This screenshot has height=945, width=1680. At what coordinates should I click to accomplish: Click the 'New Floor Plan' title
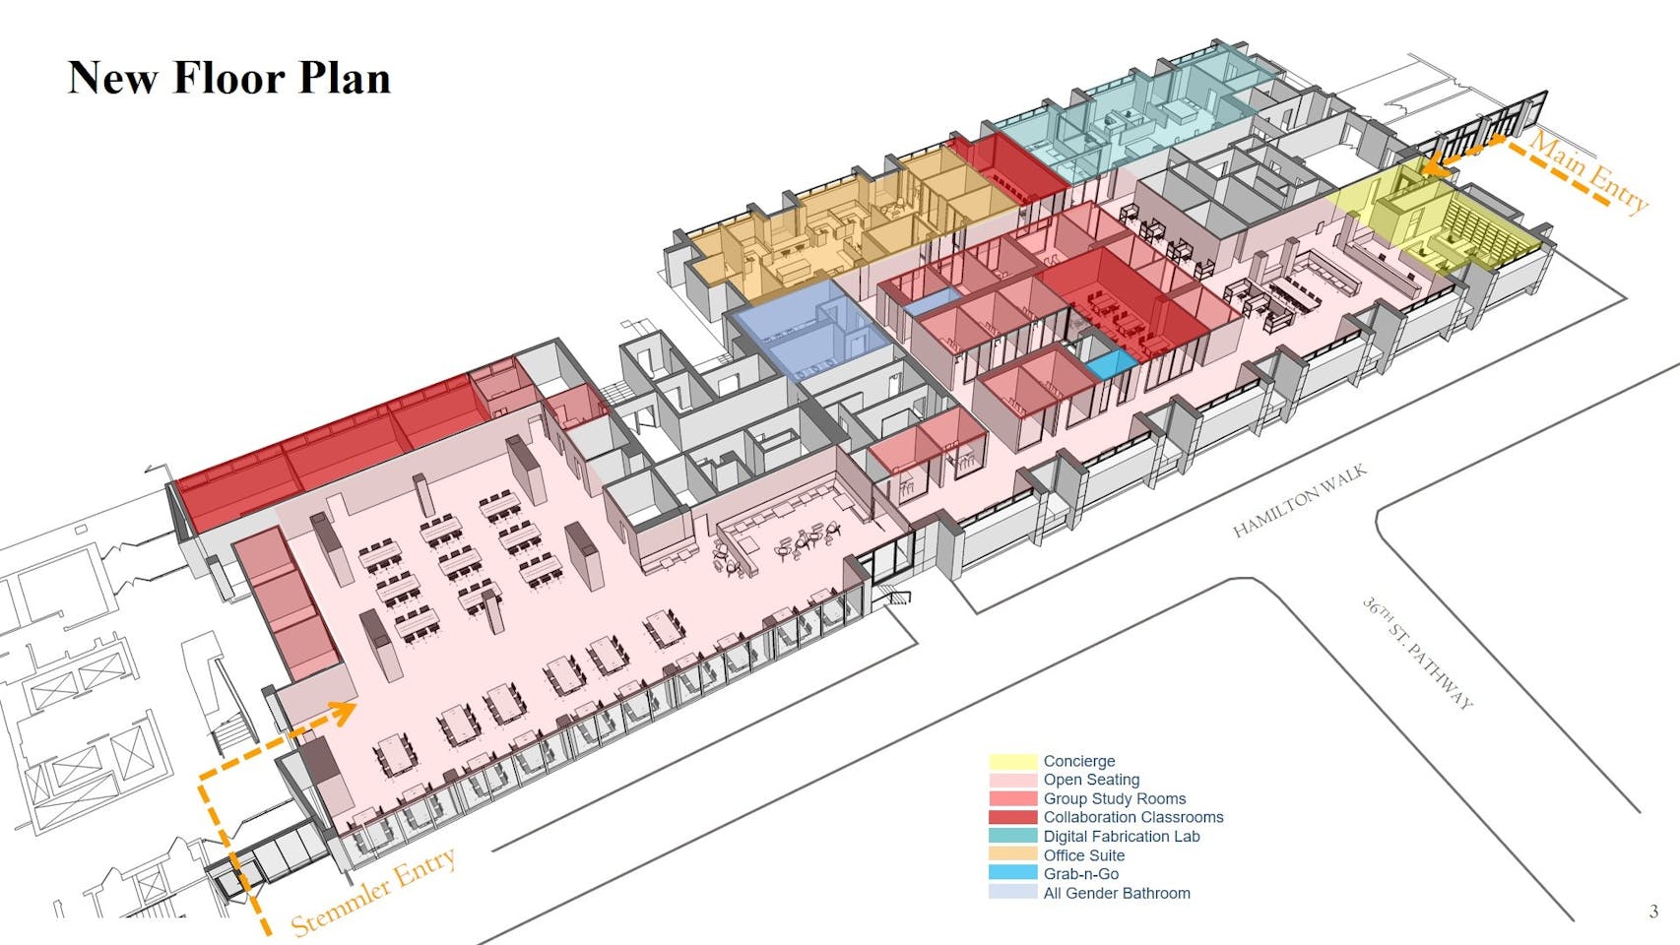tap(228, 78)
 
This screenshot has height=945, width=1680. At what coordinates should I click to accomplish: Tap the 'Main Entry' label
tap(1587, 172)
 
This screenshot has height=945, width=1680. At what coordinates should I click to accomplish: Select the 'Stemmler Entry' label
tap(373, 892)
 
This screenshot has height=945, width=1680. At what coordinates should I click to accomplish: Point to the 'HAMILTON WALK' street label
tap(1299, 501)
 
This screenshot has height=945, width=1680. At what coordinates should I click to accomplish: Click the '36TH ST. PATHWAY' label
tap(1418, 653)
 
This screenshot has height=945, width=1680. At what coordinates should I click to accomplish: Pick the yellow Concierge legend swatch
tap(1012, 761)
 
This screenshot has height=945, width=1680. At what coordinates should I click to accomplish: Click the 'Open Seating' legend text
tap(1091, 780)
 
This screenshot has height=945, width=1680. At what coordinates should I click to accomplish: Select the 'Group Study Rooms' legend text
tap(1114, 798)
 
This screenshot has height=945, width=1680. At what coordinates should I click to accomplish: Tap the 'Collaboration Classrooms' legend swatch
tap(1012, 817)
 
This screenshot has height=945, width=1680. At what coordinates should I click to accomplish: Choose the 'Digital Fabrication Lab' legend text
tap(1121, 836)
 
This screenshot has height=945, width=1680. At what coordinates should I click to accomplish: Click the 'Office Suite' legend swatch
tap(1012, 854)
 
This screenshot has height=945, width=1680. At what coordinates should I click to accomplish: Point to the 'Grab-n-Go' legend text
tap(1080, 873)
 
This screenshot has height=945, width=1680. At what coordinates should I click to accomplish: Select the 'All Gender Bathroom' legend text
tap(1116, 893)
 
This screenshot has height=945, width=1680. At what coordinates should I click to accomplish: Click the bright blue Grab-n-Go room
tap(1112, 365)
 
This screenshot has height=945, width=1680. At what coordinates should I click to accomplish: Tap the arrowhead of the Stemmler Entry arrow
tap(345, 711)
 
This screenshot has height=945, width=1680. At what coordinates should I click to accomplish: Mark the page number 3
tap(1653, 912)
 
